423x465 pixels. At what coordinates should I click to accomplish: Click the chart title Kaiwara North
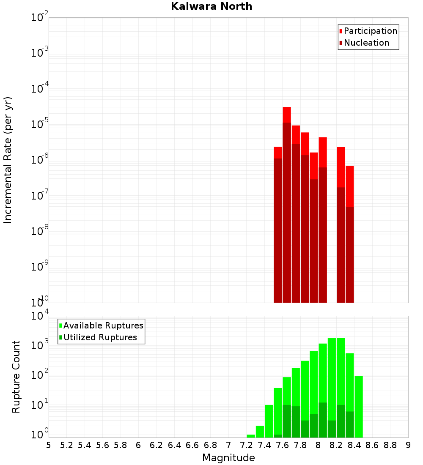(211, 6)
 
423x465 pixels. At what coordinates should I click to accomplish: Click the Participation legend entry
(370, 31)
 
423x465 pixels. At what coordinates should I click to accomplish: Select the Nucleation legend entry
(366, 43)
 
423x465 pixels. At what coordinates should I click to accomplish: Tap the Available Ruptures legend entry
(103, 325)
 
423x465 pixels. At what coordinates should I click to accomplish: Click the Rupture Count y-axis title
(16, 377)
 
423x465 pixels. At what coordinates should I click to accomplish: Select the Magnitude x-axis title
(228, 457)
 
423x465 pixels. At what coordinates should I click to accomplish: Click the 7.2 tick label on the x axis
(246, 445)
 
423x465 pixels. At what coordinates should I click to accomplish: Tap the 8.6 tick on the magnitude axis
(372, 445)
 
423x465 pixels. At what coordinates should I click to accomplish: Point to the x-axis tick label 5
(49, 445)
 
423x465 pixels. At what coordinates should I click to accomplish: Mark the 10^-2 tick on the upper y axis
(40, 18)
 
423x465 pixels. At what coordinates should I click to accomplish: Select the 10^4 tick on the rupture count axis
(40, 316)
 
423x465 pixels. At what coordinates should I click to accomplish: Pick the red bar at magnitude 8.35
(349, 186)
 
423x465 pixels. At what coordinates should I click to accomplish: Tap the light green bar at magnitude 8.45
(359, 406)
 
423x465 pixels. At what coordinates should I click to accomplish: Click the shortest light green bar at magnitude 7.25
(251, 436)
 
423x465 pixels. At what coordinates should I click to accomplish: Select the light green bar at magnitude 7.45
(269, 421)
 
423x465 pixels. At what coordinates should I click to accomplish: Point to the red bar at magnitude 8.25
(341, 167)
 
